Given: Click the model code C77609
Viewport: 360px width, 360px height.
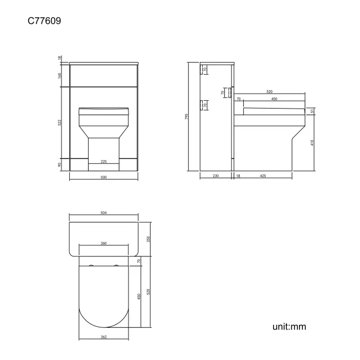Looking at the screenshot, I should click(x=44, y=21).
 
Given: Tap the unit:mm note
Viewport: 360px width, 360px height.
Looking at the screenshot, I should click(x=289, y=326).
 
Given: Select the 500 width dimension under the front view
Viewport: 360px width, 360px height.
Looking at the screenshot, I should click(x=103, y=177).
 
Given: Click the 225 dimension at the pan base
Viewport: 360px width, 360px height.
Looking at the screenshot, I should click(x=103, y=162).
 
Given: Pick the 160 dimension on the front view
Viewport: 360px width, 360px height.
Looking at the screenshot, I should click(x=60, y=75).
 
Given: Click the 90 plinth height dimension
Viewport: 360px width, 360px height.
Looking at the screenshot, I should click(x=60, y=164).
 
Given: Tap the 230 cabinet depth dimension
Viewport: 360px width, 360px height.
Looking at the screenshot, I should click(x=215, y=176).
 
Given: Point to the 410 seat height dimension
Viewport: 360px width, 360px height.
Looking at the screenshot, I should click(x=313, y=142).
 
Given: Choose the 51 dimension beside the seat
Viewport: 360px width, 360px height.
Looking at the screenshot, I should click(x=313, y=111).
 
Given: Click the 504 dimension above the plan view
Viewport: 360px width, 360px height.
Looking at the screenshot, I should click(x=103, y=212).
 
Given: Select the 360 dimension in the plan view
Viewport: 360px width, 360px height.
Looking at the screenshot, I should click(x=104, y=243).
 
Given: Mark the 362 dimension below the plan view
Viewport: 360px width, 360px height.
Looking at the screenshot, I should click(x=104, y=336).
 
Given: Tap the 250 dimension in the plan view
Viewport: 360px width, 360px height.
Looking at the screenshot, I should click(x=148, y=239).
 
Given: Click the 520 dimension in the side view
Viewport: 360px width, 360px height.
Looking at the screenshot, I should click(x=269, y=91).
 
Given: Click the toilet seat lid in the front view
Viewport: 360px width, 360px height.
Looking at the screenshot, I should click(x=104, y=111).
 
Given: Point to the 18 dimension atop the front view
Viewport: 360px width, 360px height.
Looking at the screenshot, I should click(x=60, y=58).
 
